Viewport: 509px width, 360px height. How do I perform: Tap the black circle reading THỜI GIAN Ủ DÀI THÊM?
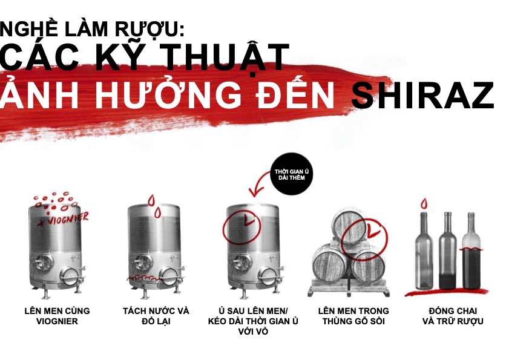[x=292, y=174]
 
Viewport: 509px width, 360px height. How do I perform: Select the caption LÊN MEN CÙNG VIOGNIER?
[x=57, y=316]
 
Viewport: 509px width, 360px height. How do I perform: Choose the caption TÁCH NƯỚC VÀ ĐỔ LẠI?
[x=156, y=316]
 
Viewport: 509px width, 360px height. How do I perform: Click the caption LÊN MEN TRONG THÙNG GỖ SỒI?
[x=353, y=316]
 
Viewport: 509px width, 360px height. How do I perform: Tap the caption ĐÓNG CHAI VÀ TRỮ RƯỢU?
[x=453, y=316]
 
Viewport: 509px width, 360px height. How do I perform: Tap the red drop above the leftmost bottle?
[x=424, y=203]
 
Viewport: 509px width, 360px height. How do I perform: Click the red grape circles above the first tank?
[x=56, y=201]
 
